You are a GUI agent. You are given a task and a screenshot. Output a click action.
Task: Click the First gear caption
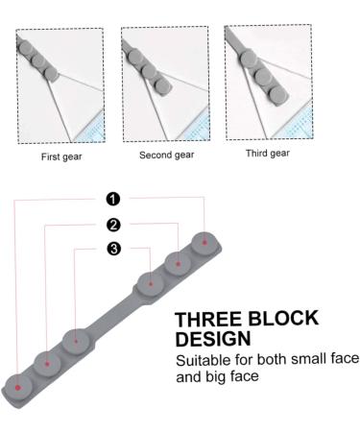click(x=60, y=156)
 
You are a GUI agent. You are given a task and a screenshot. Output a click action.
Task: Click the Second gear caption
click(x=165, y=155)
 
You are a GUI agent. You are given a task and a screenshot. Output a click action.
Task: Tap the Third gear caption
click(x=266, y=153)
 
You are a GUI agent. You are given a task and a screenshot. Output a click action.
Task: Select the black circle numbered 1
click(x=113, y=199)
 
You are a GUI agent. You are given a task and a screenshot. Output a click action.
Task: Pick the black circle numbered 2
click(x=113, y=225)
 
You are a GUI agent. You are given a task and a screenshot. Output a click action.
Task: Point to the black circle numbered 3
click(x=113, y=250)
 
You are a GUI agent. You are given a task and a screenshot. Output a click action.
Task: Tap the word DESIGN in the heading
click(x=214, y=340)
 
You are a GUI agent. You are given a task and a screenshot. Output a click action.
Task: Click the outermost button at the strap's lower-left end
click(x=18, y=386)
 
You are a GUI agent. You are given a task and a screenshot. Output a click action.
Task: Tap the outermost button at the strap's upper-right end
click(x=204, y=242)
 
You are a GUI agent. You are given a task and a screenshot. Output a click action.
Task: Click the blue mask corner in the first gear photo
click(x=93, y=130)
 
